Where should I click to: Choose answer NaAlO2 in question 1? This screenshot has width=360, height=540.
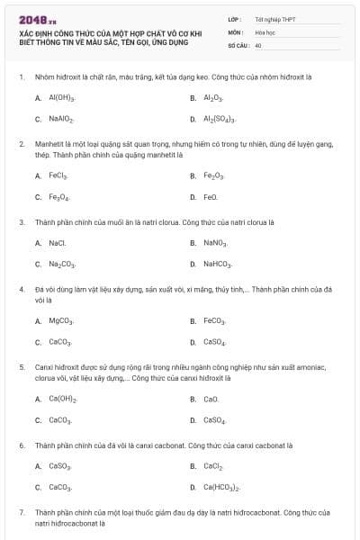tap(61, 119)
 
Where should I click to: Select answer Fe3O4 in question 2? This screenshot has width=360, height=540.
tap(59, 196)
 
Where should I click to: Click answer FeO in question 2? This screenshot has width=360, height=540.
tap(211, 196)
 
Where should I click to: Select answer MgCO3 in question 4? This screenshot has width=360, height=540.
tap(61, 320)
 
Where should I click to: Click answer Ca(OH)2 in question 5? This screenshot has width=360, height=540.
tap(63, 398)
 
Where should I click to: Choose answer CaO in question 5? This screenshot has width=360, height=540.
tap(211, 398)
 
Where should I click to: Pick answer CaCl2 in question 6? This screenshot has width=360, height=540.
tap(213, 466)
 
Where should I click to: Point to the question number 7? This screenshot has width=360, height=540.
tap(21, 511)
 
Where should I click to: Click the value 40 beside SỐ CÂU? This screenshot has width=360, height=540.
tap(258, 44)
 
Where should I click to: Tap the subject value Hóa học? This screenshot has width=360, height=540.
tap(265, 31)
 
